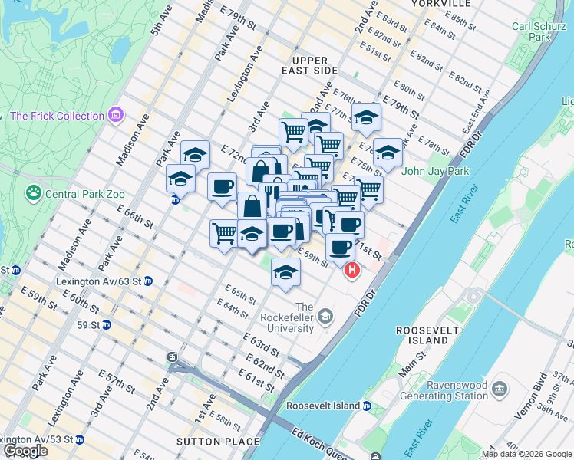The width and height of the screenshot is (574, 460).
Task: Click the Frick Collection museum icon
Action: click(116, 116)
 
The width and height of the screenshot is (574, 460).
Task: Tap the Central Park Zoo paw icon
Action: click(34, 192)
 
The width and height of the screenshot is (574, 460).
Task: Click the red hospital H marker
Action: click(352, 270)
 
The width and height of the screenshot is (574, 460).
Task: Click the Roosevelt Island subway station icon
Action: click(368, 406)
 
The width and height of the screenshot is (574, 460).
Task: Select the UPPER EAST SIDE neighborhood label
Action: click(315, 65)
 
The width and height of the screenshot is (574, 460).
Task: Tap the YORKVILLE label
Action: click(434, 4)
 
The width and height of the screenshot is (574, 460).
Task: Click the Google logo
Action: click(25, 451)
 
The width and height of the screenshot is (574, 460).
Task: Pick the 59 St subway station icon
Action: click(106, 324)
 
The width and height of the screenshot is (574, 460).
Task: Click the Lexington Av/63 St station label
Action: click(99, 281)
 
